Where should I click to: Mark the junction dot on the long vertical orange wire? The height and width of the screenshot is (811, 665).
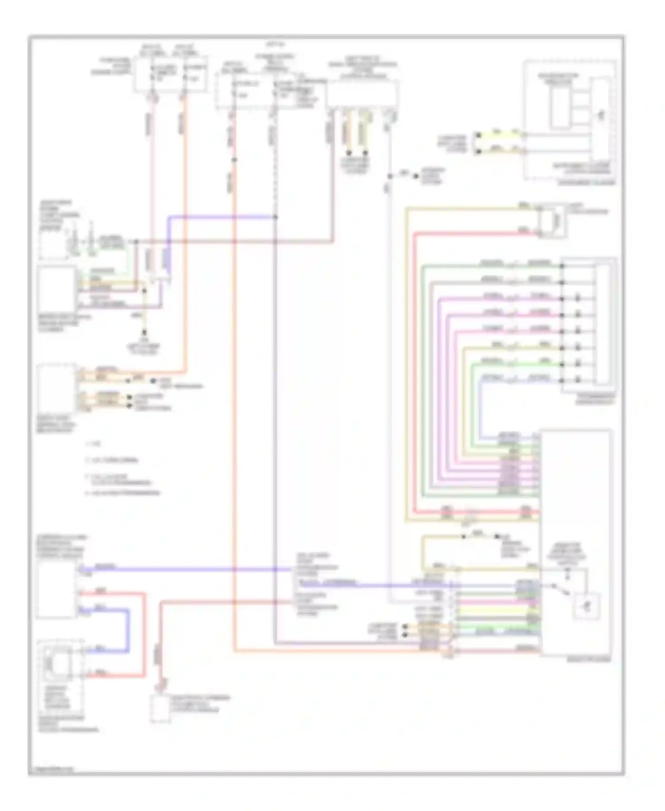[x=235, y=160]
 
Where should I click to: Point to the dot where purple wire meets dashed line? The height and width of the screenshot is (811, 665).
[x=275, y=217]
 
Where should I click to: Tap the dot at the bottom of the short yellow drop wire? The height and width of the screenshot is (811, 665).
[x=144, y=332]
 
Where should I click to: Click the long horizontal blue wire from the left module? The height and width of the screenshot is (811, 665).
[x=186, y=569]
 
